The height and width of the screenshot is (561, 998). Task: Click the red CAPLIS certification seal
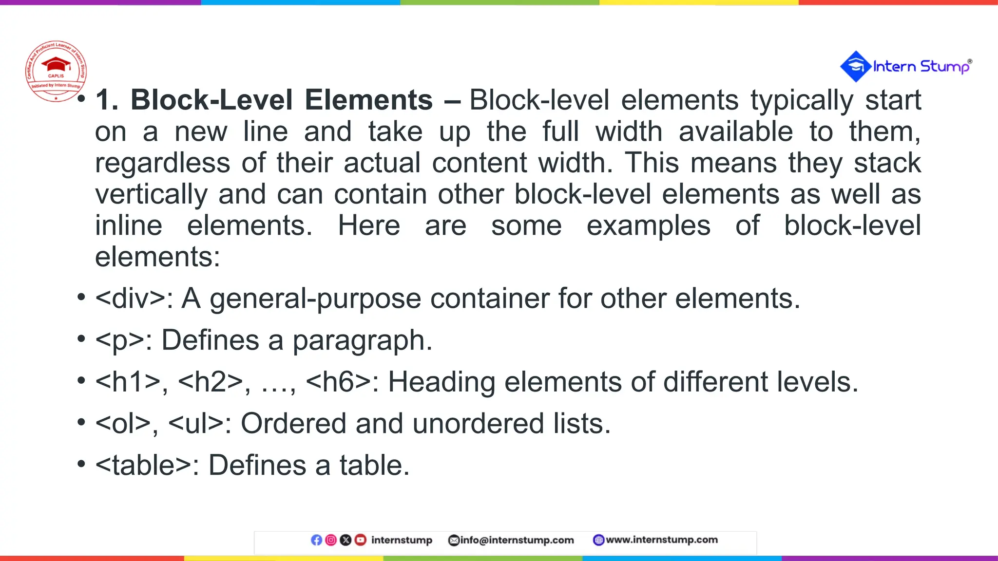tap(56, 71)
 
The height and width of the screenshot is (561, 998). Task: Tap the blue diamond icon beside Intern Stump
tap(856, 66)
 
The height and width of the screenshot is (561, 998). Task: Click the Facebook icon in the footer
tap(316, 540)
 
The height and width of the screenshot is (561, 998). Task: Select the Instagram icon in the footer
tap(331, 540)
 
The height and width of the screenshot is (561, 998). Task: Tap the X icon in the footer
tap(345, 540)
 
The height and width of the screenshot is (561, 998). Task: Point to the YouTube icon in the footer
tap(360, 540)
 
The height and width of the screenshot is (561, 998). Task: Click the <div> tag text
tap(131, 299)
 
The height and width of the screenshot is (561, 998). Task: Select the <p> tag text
tap(120, 340)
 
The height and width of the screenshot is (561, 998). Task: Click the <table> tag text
tap(143, 466)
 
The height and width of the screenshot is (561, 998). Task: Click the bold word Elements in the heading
tap(368, 100)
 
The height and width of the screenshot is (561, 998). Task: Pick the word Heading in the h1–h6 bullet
tap(441, 382)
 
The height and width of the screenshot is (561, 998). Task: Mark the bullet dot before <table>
tap(81, 464)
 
